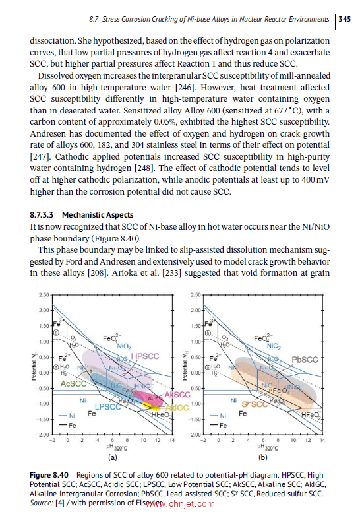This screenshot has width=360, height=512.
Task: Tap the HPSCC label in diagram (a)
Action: [145, 356]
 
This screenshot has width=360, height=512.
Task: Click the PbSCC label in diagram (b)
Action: [305, 360]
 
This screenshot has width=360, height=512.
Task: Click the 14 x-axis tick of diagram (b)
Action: [322, 440]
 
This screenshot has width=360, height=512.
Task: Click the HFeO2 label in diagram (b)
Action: [311, 414]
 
